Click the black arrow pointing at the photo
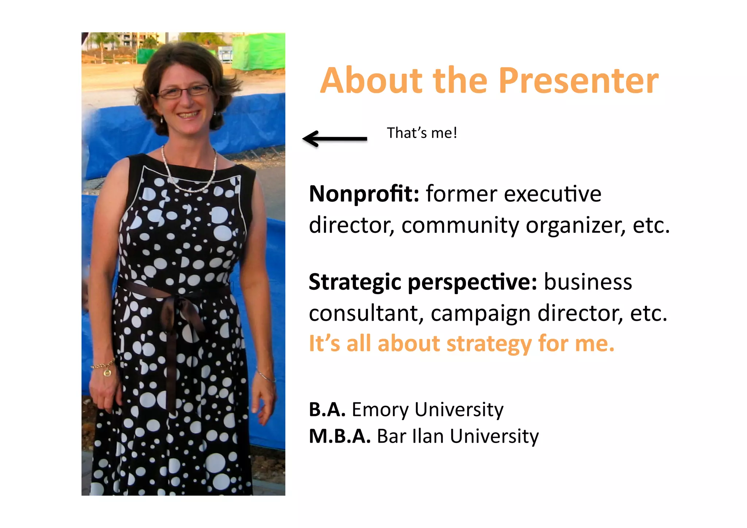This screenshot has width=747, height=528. coord(335,139)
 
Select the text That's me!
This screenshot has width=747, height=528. coord(422,133)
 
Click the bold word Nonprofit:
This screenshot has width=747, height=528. coord(364,194)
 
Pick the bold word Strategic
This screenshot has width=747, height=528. coord(355,282)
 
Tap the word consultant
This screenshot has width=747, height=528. coord(366,313)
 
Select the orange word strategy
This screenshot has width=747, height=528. coord(489,344)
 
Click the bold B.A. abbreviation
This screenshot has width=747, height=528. coord(327,409)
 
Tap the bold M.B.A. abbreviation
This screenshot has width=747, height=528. coord(339,436)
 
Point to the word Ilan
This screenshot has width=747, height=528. coord(428,436)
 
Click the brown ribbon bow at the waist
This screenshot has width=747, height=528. coord(179,310)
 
